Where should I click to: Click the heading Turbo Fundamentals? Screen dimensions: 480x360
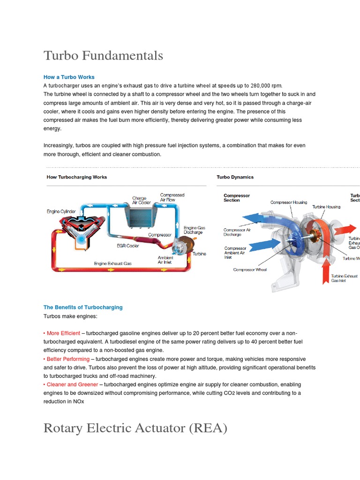tap(103, 55)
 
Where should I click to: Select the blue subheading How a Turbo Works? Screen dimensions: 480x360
tap(69, 77)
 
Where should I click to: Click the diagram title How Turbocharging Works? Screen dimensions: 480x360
tap(77, 177)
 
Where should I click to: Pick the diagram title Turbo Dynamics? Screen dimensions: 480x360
tap(235, 177)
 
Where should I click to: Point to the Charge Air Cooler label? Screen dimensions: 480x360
tap(141, 201)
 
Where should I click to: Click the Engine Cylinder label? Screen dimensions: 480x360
tap(61, 211)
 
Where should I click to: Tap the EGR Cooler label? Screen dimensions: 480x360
tap(128, 245)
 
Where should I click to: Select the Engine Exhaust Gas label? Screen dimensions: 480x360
tap(112, 263)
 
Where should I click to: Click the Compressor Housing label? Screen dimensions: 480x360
tap(289, 202)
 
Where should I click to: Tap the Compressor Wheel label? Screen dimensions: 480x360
tap(250, 270)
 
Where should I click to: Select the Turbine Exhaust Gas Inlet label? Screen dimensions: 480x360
tap(344, 278)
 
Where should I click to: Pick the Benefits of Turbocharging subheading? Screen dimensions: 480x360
tap(83, 307)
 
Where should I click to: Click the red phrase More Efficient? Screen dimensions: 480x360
tap(63, 333)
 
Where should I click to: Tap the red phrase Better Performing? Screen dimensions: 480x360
tap(68, 359)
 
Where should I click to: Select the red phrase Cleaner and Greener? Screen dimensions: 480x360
tap(72, 384)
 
